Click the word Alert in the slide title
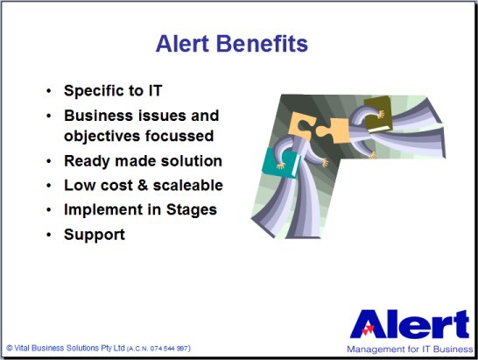[182, 44]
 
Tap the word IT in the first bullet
[155, 90]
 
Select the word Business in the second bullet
[99, 116]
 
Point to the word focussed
[179, 136]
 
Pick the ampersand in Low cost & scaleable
[143, 185]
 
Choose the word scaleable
[187, 185]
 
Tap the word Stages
[192, 210]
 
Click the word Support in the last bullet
[95, 236]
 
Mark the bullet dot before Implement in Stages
[49, 210]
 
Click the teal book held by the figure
[280, 163]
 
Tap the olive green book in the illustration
[378, 114]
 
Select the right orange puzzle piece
[334, 131]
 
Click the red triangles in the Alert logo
[369, 330]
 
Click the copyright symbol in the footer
[10, 348]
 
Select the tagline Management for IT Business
[410, 349]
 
